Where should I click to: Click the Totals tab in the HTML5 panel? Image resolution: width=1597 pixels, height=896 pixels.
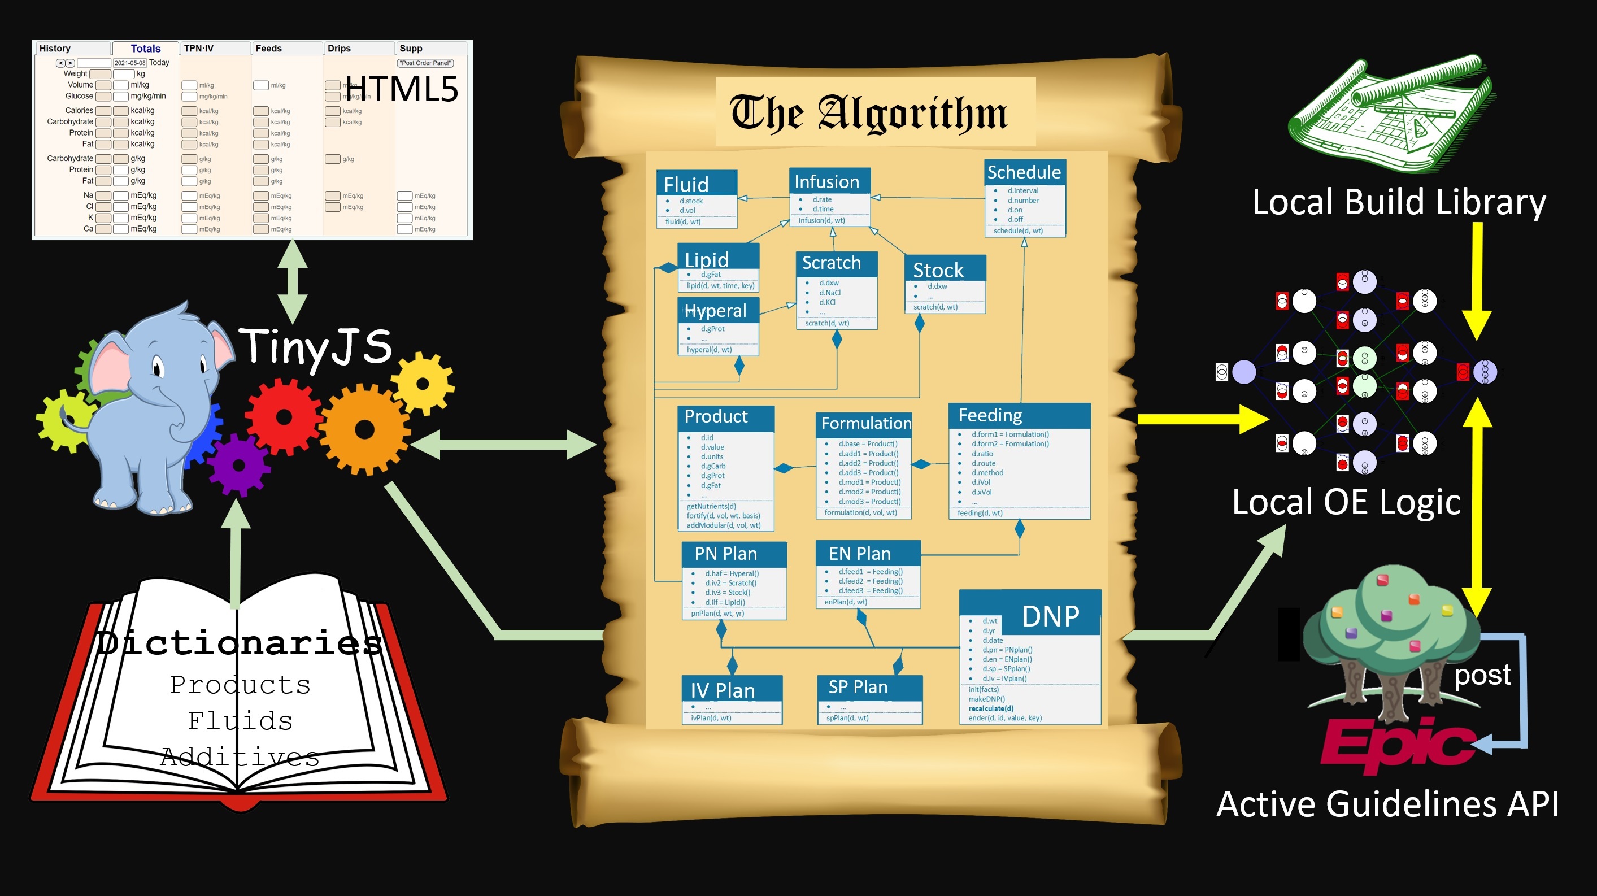pyautogui.click(x=146, y=49)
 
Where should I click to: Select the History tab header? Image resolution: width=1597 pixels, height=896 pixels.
pyautogui.click(x=55, y=49)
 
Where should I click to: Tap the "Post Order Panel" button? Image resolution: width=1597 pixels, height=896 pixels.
pyautogui.click(x=425, y=63)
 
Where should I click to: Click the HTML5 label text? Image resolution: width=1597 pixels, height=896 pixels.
pyautogui.click(x=401, y=89)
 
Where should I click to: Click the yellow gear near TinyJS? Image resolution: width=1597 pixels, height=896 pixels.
pyautogui.click(x=423, y=384)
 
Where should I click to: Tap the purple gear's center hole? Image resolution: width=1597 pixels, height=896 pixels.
pyautogui.click(x=239, y=465)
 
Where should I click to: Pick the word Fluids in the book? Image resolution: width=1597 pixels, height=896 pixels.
pyautogui.click(x=240, y=720)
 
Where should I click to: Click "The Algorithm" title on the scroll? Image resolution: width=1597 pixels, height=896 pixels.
pyautogui.click(x=869, y=113)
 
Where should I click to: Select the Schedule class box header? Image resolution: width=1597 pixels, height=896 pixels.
pyautogui.click(x=1024, y=172)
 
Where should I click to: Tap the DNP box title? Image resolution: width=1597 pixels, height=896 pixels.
pyautogui.click(x=1050, y=616)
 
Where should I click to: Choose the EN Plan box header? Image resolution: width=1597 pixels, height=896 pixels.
pyautogui.click(x=860, y=553)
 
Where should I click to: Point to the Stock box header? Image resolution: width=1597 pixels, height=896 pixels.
pyautogui.click(x=939, y=269)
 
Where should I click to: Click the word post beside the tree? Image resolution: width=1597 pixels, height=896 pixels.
pyautogui.click(x=1482, y=674)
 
